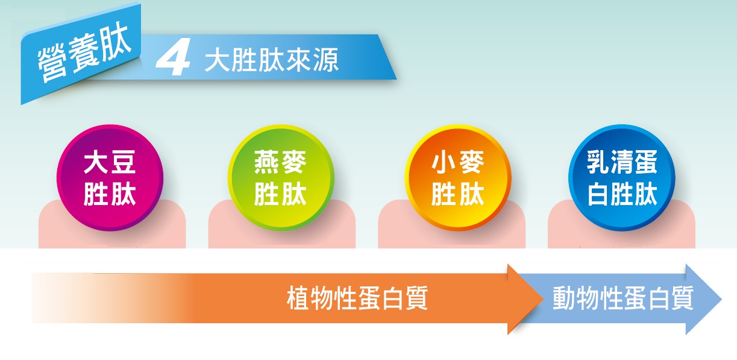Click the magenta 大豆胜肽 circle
[110, 177]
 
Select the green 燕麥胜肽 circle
[281, 177]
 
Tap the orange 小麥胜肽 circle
[458, 177]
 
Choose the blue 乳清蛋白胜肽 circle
[622, 177]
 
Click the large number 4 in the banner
[174, 57]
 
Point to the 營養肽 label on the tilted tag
[84, 52]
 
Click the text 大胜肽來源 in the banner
[271, 60]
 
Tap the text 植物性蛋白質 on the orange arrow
[357, 298]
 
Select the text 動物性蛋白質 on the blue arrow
[623, 298]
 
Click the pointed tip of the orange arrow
[543, 299]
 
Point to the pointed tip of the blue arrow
[721, 299]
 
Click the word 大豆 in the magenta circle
[110, 162]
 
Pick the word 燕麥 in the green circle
[280, 162]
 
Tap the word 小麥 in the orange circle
[457, 162]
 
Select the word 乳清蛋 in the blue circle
[622, 162]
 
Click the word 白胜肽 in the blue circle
[622, 194]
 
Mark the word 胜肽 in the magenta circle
[110, 194]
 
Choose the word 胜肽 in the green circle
[280, 194]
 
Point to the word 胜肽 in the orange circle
[457, 194]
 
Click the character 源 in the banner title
[326, 60]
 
